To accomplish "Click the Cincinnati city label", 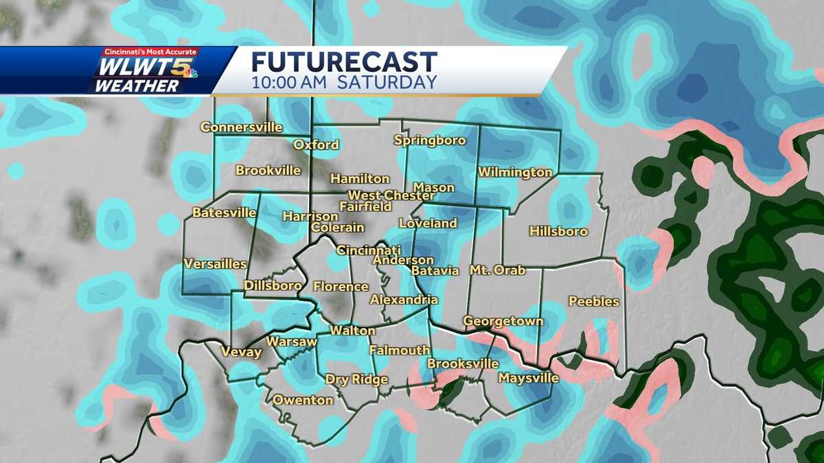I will click(368, 250).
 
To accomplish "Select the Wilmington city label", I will click(515, 172).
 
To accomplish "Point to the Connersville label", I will click(242, 127).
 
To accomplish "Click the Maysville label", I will click(529, 378).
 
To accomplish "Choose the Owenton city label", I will click(303, 400).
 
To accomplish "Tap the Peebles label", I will click(594, 301).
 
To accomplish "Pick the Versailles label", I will click(215, 264).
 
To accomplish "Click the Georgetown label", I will click(503, 321).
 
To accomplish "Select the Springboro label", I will click(430, 141).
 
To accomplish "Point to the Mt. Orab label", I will click(497, 270).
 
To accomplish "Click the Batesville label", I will click(224, 213).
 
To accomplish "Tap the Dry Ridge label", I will click(356, 379).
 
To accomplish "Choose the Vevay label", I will click(241, 353).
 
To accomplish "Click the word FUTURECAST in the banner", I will click(344, 62).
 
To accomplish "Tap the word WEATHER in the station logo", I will click(137, 86).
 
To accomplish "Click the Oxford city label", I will click(316, 145).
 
